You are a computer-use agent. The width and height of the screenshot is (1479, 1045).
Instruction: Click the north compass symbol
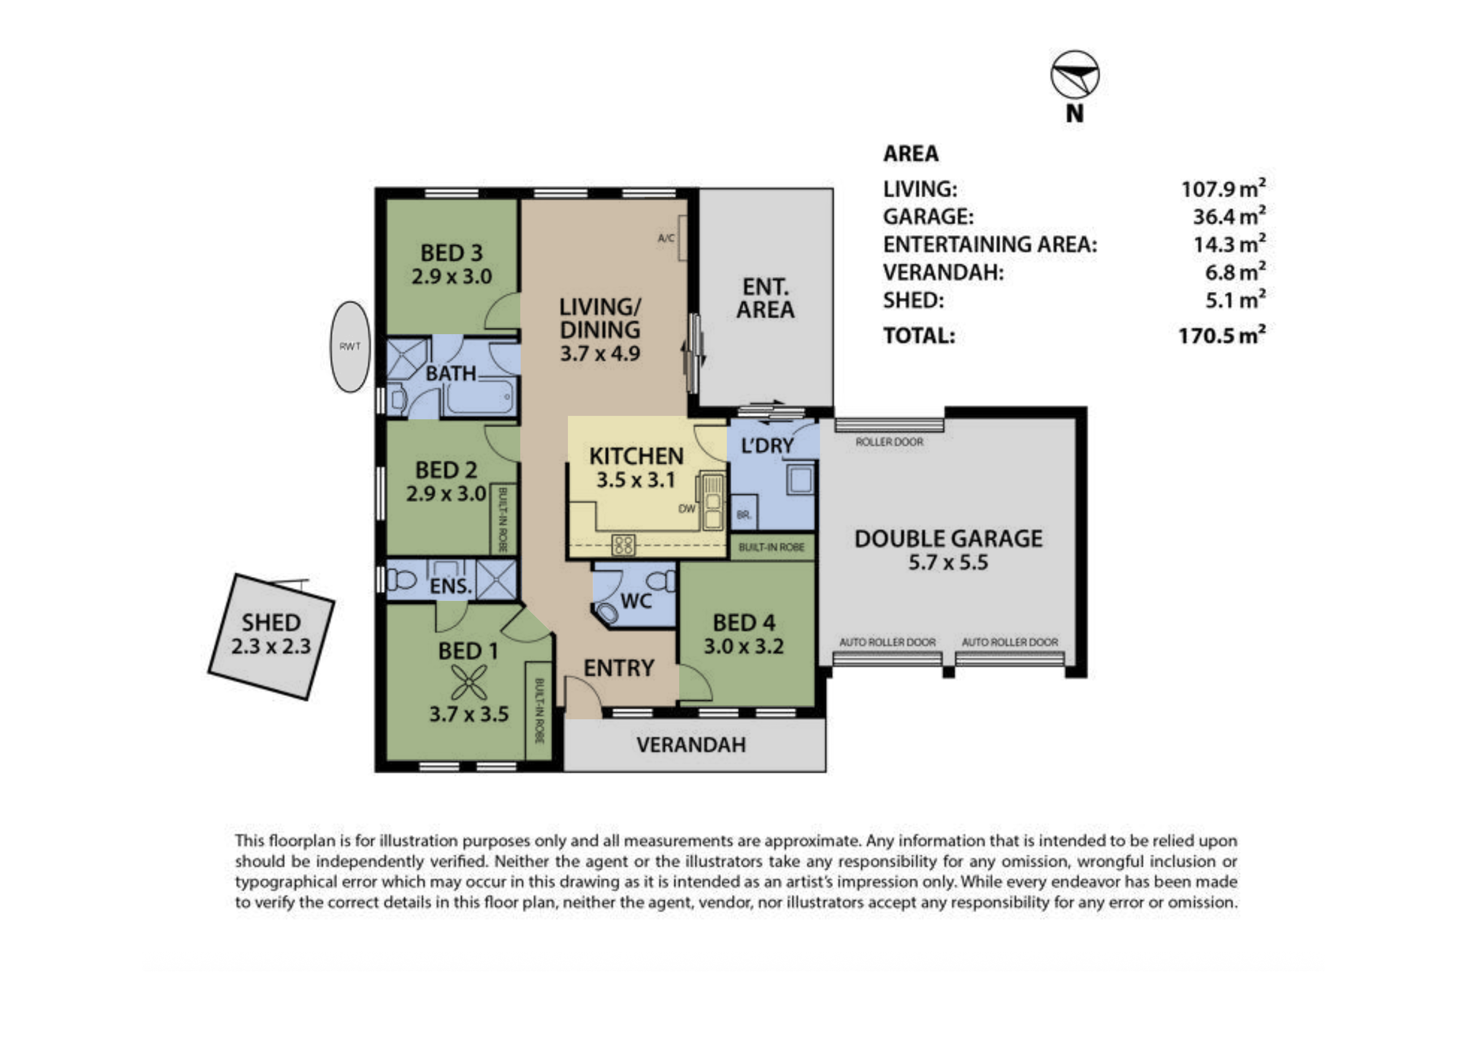[x=1074, y=74]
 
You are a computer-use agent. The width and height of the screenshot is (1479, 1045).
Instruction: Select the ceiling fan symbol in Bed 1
[x=469, y=682]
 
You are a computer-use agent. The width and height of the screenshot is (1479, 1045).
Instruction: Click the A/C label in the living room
[x=666, y=238]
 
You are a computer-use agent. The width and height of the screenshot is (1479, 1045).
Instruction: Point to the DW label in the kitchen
[x=687, y=509]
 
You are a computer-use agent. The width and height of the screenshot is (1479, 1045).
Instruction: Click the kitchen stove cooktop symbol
[x=623, y=545]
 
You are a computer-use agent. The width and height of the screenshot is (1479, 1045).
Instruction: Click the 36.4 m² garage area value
[x=1229, y=216]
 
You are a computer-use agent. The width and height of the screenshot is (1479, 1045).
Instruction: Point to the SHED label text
[x=271, y=623]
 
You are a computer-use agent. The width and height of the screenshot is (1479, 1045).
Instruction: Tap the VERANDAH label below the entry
[x=691, y=745]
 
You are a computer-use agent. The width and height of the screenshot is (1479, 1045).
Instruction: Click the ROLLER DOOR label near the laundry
[x=890, y=442]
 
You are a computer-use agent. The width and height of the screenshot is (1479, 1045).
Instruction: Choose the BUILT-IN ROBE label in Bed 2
[x=503, y=520]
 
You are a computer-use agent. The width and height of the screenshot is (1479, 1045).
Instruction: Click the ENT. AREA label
[x=765, y=298]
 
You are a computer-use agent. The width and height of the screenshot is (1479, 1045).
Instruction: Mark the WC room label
[x=637, y=601]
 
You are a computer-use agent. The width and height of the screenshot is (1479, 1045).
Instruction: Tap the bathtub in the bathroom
[x=480, y=397]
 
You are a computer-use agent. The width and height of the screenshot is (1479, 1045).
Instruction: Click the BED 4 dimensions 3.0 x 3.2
[x=744, y=646]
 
